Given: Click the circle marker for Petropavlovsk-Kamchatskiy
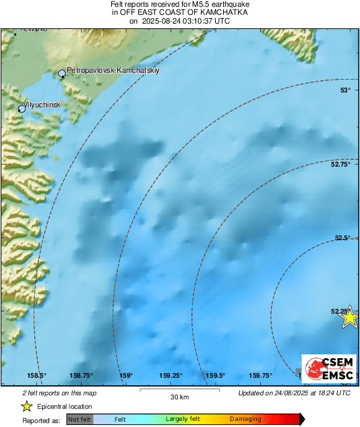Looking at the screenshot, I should [62, 74].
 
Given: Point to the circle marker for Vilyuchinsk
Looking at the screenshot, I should [22, 109].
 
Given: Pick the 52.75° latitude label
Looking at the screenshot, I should [341, 164].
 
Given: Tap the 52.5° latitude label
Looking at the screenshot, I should [343, 237].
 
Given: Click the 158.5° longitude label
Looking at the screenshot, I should [36, 376].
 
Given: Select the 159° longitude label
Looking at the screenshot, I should [126, 376].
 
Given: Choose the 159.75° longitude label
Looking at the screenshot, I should [261, 376].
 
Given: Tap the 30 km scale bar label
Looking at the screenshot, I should [179, 397].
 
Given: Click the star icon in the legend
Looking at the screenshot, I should [26, 406].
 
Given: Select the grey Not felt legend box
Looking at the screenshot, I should [80, 419].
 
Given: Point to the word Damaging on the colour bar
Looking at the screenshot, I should [245, 419].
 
